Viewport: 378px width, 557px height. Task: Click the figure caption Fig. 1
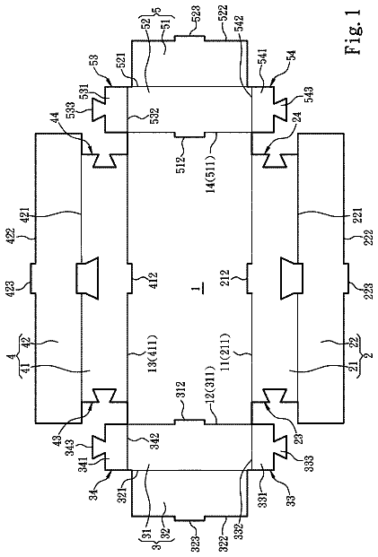pyautogui.click(x=354, y=32)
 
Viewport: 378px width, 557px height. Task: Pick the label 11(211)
pyautogui.click(x=224, y=352)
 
